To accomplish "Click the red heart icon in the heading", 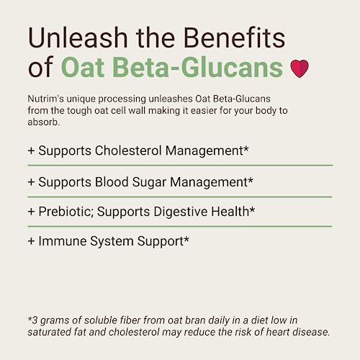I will tap(299, 68).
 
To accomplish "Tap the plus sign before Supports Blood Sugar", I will tap(31, 183).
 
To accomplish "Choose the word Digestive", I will tap(181, 213).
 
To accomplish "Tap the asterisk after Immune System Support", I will tap(186, 239).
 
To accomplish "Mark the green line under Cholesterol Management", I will tap(180, 166).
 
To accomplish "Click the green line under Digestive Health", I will tap(180, 226).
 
